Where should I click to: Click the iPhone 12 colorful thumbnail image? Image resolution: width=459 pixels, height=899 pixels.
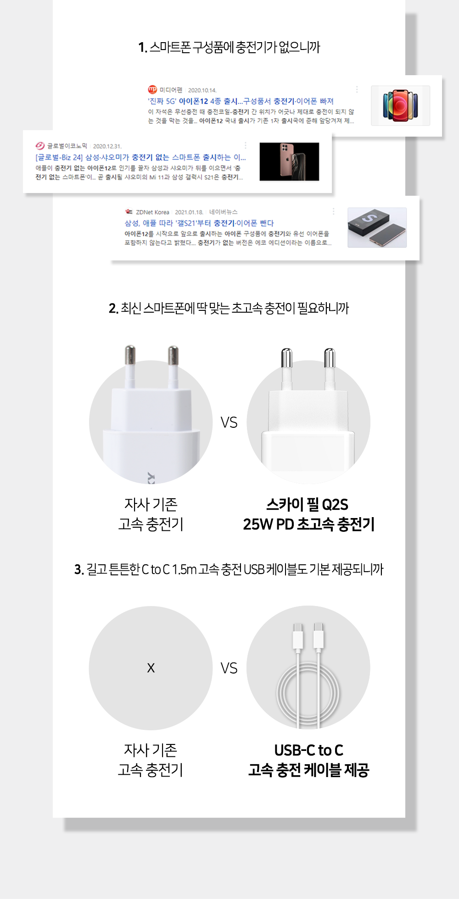(x=400, y=105)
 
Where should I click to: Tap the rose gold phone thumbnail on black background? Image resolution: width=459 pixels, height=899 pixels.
(x=289, y=161)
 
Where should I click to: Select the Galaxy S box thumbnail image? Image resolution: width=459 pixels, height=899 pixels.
(x=377, y=227)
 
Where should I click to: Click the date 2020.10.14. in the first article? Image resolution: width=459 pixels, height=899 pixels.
(x=202, y=90)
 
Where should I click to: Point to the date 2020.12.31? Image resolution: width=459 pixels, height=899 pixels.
(x=107, y=146)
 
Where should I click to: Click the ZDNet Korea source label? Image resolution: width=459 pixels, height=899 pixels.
(x=152, y=212)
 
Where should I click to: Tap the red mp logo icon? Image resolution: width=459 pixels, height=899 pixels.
(x=152, y=89)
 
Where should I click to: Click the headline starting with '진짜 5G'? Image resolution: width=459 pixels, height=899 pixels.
(x=241, y=101)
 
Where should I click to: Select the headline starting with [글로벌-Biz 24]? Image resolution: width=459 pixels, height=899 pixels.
(x=140, y=157)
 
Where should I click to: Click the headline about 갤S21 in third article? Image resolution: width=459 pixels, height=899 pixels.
(x=199, y=223)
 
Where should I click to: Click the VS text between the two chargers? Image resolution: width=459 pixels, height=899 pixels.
(x=229, y=422)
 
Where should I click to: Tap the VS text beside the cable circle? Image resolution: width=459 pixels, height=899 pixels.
(x=229, y=668)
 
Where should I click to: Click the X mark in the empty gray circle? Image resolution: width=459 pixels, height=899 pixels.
(x=151, y=668)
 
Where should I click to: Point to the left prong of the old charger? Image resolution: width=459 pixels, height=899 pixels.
(x=130, y=362)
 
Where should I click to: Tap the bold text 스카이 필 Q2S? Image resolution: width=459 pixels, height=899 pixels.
(x=307, y=505)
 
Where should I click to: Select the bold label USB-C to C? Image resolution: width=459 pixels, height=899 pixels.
(x=308, y=750)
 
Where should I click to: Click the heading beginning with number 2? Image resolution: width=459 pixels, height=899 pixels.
(x=229, y=308)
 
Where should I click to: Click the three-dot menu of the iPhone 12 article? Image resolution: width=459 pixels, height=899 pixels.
(x=357, y=89)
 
